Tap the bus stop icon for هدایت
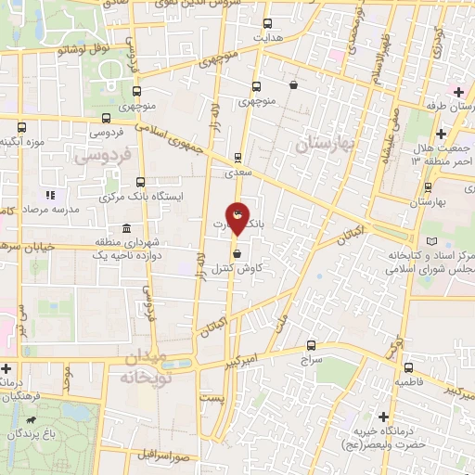tap(268, 23)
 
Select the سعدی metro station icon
tap(237, 158)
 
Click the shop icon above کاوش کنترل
tap(237, 252)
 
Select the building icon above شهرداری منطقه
tap(126, 228)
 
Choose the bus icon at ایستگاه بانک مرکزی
tap(140, 182)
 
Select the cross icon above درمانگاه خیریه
tap(382, 417)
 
